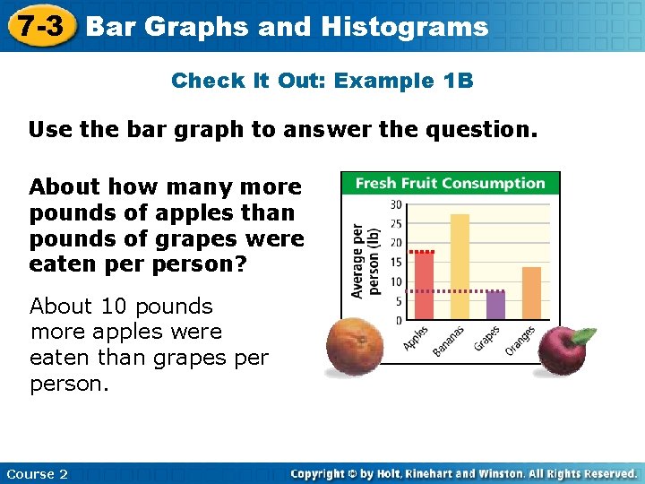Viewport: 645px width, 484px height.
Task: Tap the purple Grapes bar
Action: [495, 305]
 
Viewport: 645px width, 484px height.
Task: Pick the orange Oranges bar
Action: [531, 293]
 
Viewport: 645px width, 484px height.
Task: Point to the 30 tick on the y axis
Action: [396, 205]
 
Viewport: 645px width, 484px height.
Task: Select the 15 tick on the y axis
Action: [396, 263]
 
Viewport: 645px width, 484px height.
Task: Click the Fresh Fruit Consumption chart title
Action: [450, 184]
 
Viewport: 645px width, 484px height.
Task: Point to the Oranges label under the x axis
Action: [520, 340]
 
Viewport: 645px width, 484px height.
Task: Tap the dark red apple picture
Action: [561, 350]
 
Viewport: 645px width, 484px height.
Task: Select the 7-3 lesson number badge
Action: [42, 26]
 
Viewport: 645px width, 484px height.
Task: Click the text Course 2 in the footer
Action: [37, 473]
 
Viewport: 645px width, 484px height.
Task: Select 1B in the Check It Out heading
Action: [458, 81]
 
